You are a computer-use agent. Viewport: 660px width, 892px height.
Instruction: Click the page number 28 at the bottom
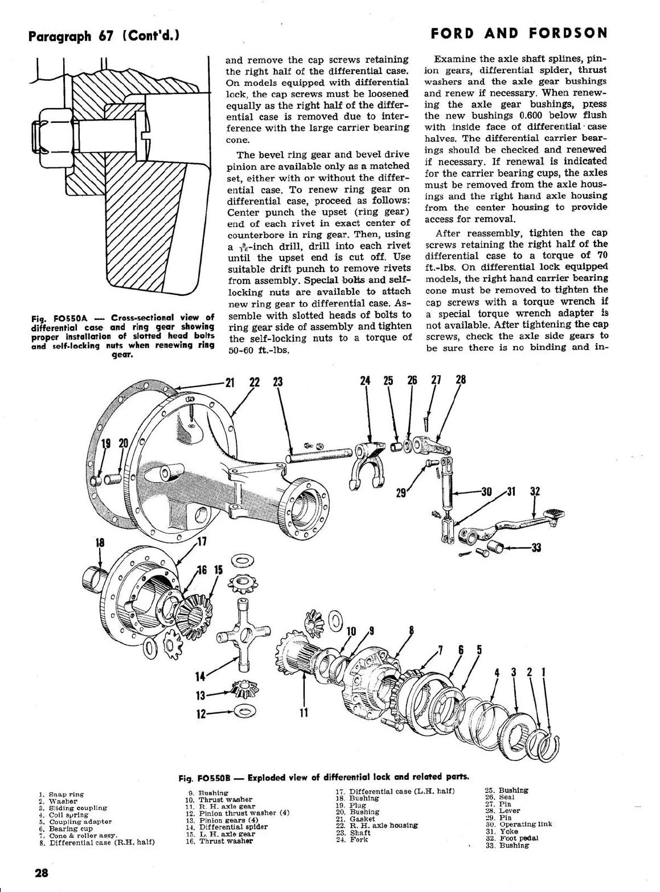pyautogui.click(x=42, y=873)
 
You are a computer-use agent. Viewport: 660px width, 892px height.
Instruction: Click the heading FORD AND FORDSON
pyautogui.click(x=519, y=33)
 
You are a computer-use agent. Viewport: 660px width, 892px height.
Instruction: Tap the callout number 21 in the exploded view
pyautogui.click(x=230, y=382)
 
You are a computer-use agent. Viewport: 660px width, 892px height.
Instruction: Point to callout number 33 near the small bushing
pyautogui.click(x=535, y=548)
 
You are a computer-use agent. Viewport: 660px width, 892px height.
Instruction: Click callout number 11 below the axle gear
pyautogui.click(x=304, y=713)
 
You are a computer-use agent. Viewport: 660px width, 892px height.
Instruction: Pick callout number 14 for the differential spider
pyautogui.click(x=200, y=676)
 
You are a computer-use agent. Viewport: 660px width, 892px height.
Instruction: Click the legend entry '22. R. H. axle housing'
pyautogui.click(x=376, y=825)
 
